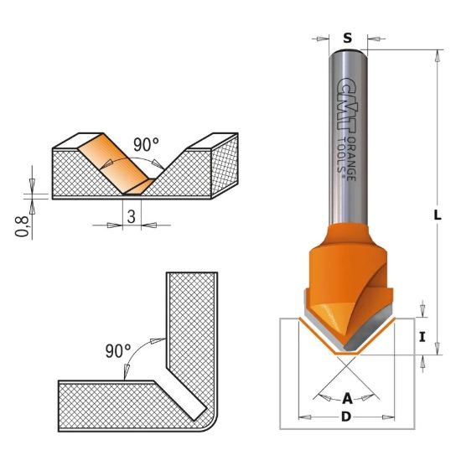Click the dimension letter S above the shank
coord(348,37)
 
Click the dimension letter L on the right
coord(438,215)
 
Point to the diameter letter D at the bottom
coord(347,417)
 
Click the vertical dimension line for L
coord(438,168)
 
